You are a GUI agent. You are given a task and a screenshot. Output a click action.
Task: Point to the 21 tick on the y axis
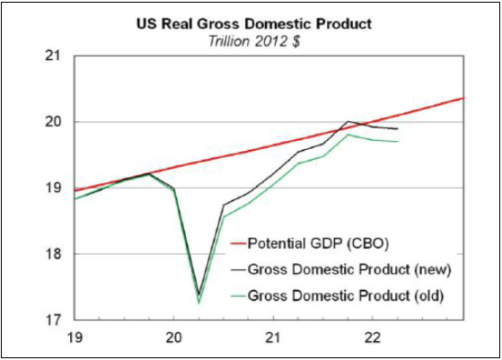57,56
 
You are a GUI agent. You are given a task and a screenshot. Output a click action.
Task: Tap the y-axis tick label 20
57,122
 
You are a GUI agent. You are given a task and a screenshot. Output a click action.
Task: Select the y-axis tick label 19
57,189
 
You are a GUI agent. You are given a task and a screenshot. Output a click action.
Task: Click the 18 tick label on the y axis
57,254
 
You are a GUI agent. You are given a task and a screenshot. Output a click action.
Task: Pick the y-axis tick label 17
57,320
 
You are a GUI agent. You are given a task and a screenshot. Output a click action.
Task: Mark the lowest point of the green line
198,303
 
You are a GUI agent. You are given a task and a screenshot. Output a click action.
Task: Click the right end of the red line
464,98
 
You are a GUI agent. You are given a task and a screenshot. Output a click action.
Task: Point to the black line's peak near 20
348,121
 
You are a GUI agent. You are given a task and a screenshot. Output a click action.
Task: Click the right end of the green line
398,141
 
